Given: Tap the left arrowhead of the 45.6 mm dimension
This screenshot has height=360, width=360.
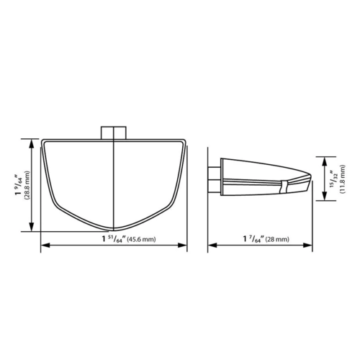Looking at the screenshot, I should pyautogui.click(x=43, y=245).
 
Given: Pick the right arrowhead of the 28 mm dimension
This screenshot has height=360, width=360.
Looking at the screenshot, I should pyautogui.click(x=314, y=245).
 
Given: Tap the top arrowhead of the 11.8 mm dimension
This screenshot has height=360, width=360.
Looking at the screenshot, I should pyautogui.click(x=325, y=160).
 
